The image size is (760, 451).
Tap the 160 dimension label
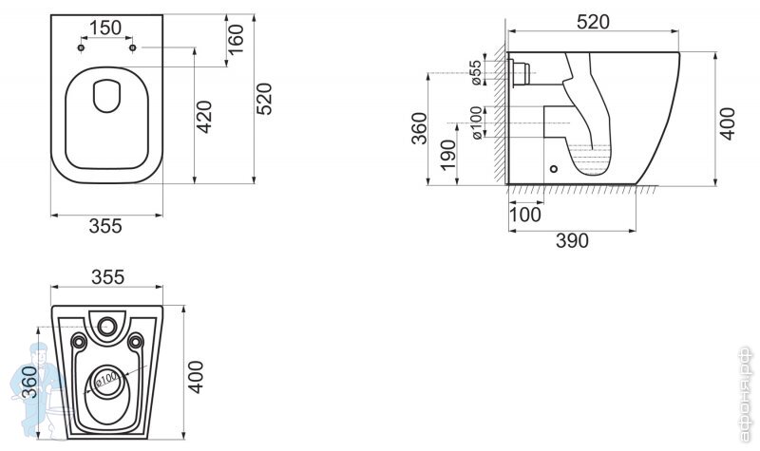(x=237, y=39)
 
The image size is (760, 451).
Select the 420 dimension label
(x=204, y=115)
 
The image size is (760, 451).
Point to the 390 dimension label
(x=570, y=240)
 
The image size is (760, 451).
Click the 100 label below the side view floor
(x=523, y=215)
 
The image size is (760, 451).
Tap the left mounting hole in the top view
(x=83, y=47)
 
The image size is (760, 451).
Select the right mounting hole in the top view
(x=133, y=47)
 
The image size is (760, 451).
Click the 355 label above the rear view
(x=106, y=276)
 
